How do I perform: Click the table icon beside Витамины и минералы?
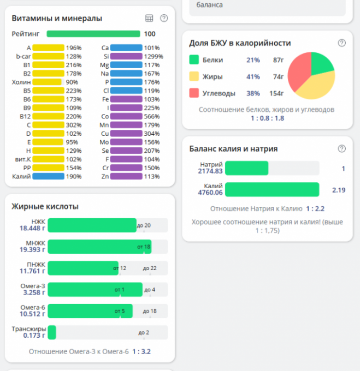tap(149, 19)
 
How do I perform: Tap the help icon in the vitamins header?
tap(164, 19)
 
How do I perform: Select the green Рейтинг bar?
tap(93, 34)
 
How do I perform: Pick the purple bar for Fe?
tap(126, 99)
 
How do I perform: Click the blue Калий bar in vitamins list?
tap(48, 177)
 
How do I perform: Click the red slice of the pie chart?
tap(298, 76)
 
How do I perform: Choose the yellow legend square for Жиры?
tap(194, 76)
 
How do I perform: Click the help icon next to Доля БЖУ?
tap(342, 43)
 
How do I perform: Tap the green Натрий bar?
tap(246, 168)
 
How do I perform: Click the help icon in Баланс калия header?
tap(342, 148)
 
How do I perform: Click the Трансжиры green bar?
tap(52, 332)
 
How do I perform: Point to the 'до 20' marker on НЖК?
tap(144, 225)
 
